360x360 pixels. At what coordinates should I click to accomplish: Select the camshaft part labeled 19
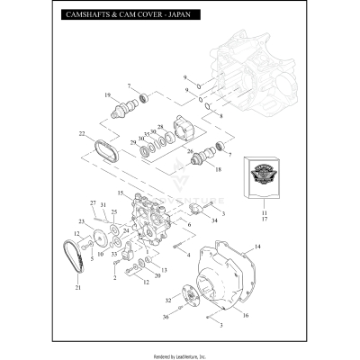120,112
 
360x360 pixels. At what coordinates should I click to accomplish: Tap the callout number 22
82,135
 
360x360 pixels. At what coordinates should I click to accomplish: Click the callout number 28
160,127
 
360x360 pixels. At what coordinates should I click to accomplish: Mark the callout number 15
120,193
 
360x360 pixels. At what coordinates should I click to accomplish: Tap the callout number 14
257,246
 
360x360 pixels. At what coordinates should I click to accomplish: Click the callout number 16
244,316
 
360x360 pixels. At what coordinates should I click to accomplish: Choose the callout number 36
166,317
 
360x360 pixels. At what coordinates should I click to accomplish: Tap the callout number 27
93,202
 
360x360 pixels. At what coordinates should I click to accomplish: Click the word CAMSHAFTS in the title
88,16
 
